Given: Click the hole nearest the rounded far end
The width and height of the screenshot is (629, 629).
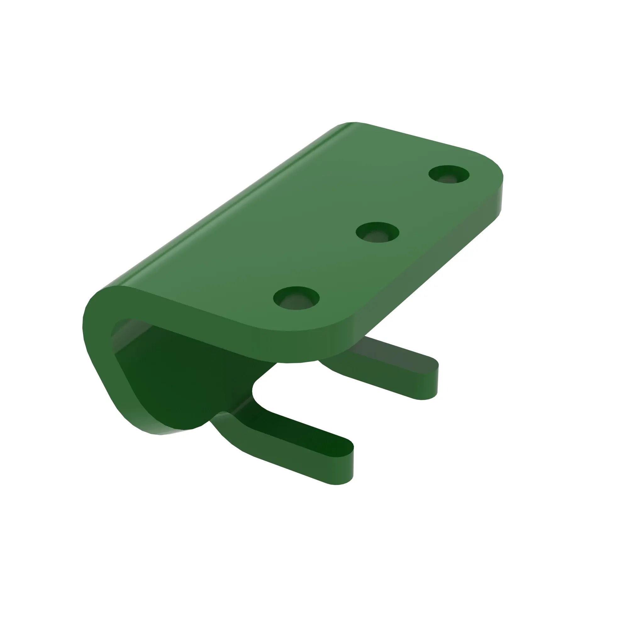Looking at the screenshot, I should point(449,174).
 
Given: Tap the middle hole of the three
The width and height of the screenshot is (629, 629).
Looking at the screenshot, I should point(377,232).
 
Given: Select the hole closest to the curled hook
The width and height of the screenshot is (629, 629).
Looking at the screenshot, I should point(296,298).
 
